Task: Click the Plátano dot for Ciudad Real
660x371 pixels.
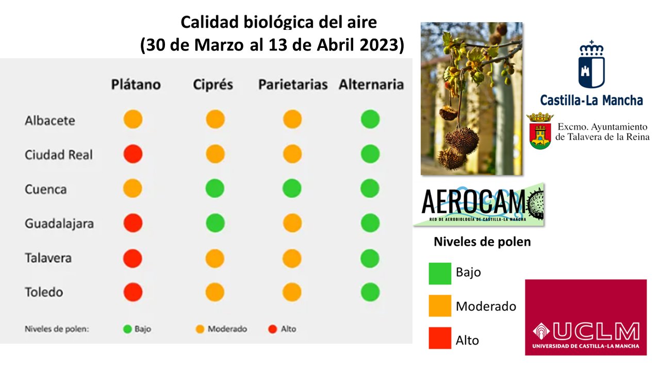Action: tap(133, 154)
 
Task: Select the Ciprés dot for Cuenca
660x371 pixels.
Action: tap(215, 189)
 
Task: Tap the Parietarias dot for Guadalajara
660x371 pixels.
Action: tap(292, 223)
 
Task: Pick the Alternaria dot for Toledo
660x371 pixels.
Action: tap(370, 292)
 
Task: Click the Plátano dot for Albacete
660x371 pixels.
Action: tap(133, 119)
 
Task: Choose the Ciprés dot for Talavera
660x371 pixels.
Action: tap(215, 259)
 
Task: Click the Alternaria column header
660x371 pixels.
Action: tap(371, 85)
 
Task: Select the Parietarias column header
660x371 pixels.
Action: tap(293, 85)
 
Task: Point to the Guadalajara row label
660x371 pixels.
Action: tap(59, 224)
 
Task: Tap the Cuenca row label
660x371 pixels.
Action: tap(46, 189)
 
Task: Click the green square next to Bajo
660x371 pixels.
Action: tap(440, 274)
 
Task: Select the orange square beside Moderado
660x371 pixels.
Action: tap(440, 306)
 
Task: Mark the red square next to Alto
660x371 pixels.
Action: tap(440, 338)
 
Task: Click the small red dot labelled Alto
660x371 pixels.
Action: tap(273, 329)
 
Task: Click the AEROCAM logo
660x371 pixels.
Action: tap(479, 205)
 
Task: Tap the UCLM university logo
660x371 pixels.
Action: tap(586, 317)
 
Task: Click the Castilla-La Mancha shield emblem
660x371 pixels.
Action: tap(591, 64)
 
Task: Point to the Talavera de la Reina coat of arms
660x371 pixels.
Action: tap(540, 131)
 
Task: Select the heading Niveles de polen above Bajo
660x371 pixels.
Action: tap(482, 242)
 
